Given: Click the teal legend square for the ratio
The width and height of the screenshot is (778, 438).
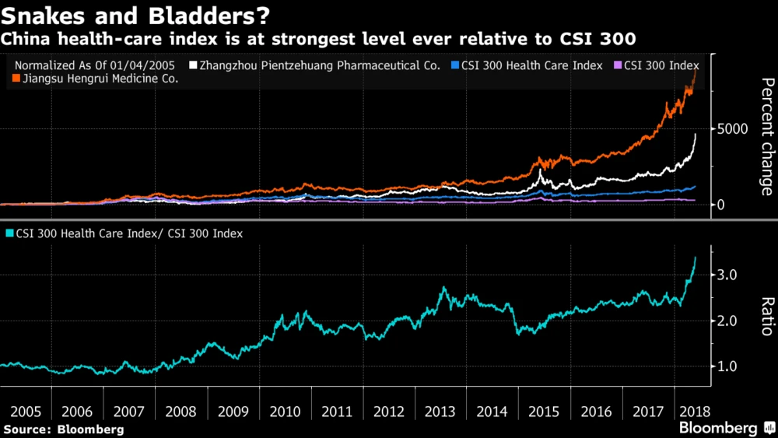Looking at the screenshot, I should (9, 233).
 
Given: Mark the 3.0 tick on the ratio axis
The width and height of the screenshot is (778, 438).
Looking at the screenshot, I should (728, 275).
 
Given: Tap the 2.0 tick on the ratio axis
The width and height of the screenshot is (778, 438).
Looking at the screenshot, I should (728, 321).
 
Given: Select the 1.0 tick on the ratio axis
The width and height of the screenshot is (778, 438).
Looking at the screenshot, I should (728, 366).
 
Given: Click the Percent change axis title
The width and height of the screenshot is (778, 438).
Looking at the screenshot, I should (766, 136).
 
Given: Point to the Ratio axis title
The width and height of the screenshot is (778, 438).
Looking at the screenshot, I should (766, 317).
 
